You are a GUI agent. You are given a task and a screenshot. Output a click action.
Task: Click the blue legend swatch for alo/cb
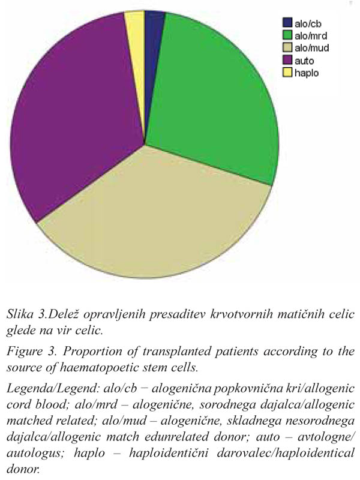(287, 22)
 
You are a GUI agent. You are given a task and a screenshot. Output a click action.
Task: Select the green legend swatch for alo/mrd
(287, 35)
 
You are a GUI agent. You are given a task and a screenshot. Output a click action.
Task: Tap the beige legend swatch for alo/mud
(287, 47)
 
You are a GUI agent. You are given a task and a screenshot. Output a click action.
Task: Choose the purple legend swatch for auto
(287, 60)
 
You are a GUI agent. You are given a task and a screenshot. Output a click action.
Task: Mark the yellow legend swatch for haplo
(287, 73)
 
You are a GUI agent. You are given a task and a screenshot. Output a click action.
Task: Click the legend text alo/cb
(308, 23)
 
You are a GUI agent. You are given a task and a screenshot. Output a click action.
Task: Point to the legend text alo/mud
(311, 48)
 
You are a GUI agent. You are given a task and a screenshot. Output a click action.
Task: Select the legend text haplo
(307, 73)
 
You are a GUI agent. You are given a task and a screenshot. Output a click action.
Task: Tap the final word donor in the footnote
(23, 469)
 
